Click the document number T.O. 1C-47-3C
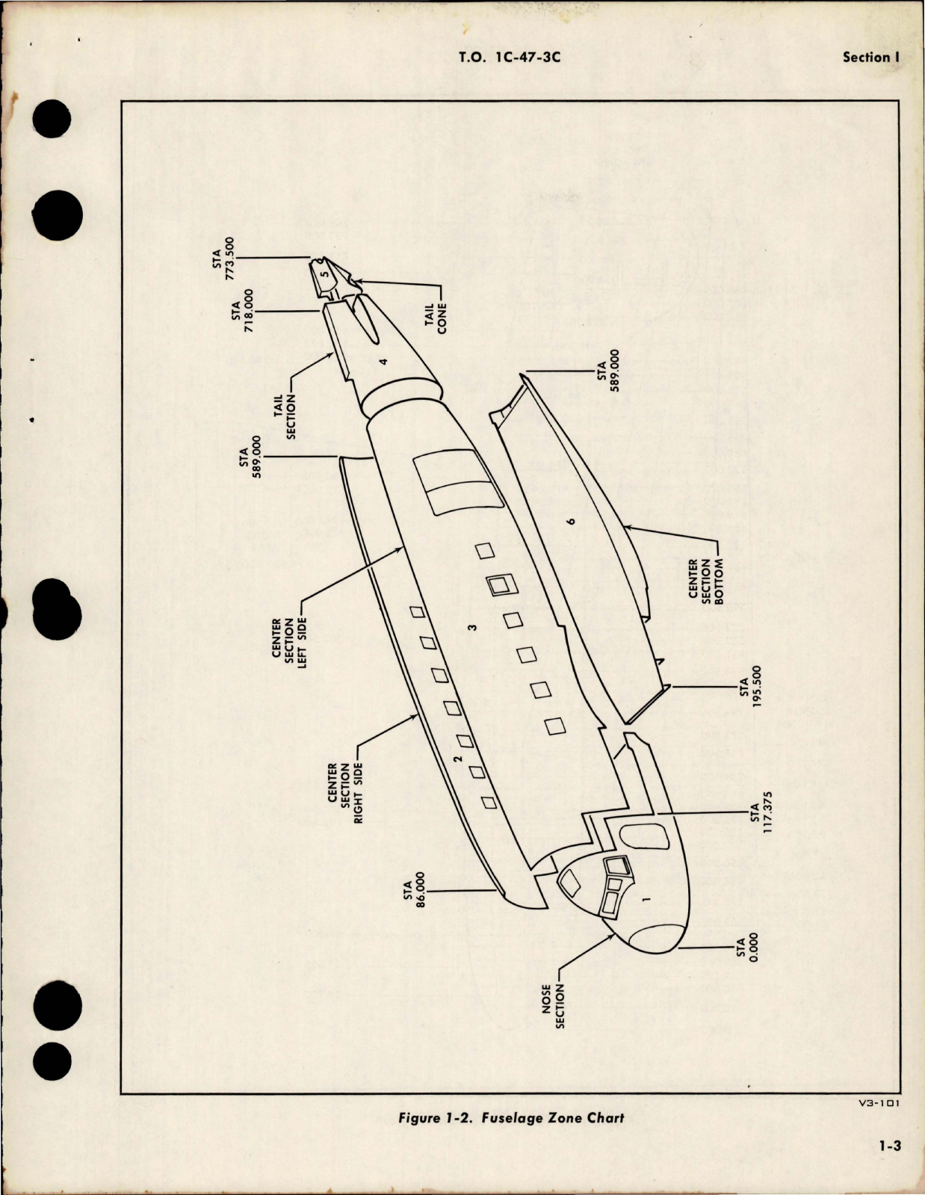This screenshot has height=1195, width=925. [512, 57]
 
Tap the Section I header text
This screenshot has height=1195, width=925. [866, 57]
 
